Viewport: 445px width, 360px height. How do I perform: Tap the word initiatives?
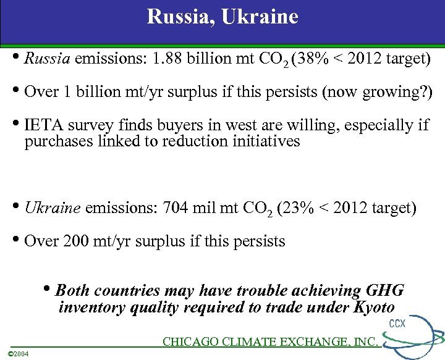[268, 141]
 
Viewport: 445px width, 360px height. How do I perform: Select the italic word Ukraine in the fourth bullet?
[52, 208]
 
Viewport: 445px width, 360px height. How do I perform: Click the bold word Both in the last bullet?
[72, 291]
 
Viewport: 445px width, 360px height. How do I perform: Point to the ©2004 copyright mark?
[20, 353]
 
